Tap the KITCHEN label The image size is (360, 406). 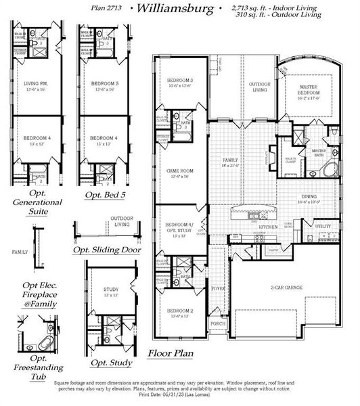(269, 227)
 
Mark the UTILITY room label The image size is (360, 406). (323, 227)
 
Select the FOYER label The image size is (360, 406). (217, 288)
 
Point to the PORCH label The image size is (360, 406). (217, 323)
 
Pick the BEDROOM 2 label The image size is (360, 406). (181, 311)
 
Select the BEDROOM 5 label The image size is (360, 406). (104, 84)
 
